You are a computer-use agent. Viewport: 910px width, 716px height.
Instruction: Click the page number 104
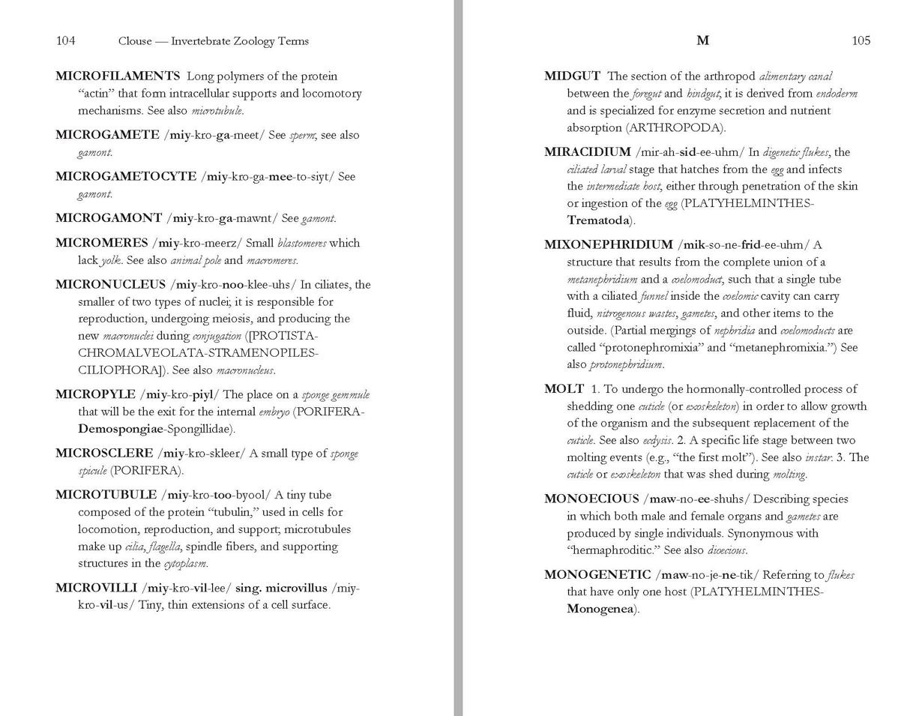pos(65,41)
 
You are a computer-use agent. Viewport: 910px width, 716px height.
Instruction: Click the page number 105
pos(861,41)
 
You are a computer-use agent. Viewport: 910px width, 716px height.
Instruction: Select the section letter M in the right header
pos(702,41)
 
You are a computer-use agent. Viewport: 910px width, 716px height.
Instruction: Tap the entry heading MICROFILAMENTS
pos(118,76)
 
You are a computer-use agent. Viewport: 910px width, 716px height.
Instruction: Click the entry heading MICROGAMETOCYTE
pos(125,177)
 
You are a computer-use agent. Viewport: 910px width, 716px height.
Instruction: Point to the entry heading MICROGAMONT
pos(109,218)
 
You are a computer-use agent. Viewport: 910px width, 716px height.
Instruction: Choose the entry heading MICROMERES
pos(102,243)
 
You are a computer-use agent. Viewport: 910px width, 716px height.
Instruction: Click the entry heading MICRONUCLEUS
pos(110,285)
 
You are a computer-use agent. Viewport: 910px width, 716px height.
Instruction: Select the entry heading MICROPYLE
pos(95,394)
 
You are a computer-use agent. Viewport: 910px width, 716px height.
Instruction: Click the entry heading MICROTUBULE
pos(106,495)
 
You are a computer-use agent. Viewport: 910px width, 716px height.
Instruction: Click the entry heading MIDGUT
pos(572,76)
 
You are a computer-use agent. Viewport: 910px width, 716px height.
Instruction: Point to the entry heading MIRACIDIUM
pos(587,152)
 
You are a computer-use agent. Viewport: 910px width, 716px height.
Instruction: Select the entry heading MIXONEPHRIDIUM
pos(608,245)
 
